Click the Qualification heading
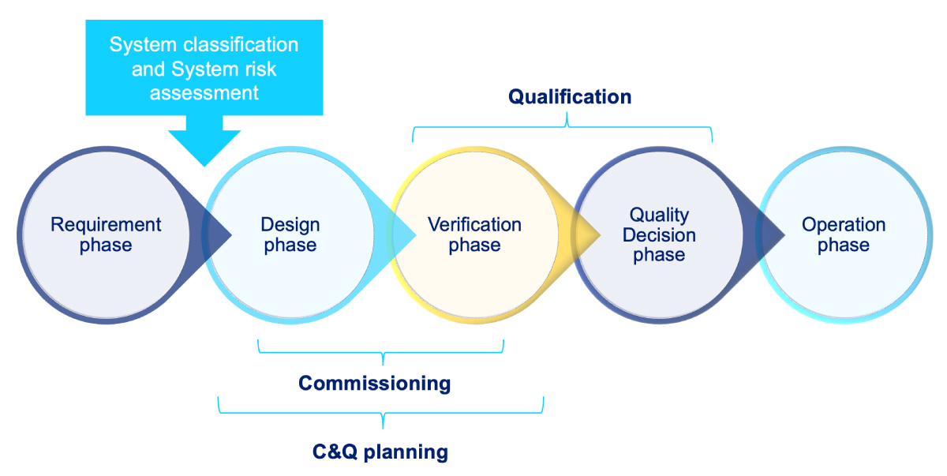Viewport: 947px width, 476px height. pyautogui.click(x=569, y=97)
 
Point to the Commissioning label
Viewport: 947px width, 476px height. pyautogui.click(x=374, y=384)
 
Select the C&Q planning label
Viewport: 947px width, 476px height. pyautogui.click(x=380, y=452)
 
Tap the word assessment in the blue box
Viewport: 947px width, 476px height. pyautogui.click(x=204, y=92)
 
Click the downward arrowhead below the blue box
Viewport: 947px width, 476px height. pyautogui.click(x=204, y=146)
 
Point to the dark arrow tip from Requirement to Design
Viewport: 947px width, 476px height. pyautogui.click(x=219, y=234)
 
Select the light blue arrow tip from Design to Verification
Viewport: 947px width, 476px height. pyautogui.click(x=404, y=234)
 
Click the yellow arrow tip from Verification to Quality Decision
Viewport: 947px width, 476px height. pyautogui.click(x=589, y=234)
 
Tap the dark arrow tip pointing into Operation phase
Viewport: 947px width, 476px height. pyautogui.click(x=773, y=234)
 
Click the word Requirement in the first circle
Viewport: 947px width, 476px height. pyautogui.click(x=106, y=225)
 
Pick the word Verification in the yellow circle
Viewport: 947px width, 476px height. pyautogui.click(x=474, y=225)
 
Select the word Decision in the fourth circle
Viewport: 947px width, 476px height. pyautogui.click(x=659, y=235)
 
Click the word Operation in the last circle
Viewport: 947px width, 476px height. pyautogui.click(x=844, y=225)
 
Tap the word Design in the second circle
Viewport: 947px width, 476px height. pyautogui.click(x=290, y=225)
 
